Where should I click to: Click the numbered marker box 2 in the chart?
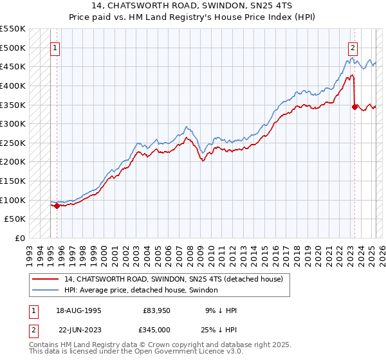(353, 48)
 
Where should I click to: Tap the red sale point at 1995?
(57, 206)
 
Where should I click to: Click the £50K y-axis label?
(17, 219)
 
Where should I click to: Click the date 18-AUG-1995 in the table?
(80, 310)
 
